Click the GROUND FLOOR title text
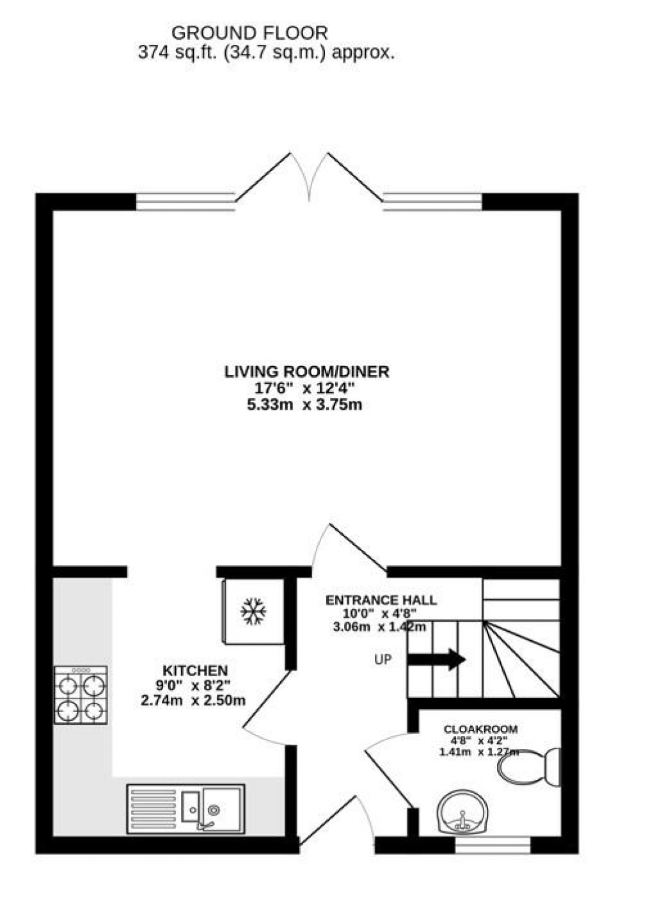point(249,33)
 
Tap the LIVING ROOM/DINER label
point(306,372)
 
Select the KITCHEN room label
point(195,670)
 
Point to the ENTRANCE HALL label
point(381,601)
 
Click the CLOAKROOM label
point(480,729)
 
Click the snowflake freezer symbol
point(253,611)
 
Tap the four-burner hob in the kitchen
point(81,696)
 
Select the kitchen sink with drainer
point(185,809)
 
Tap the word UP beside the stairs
point(383,659)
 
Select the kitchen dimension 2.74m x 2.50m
point(193,700)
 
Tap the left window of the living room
point(185,202)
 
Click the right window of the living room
point(432,202)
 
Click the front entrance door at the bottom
point(336,826)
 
